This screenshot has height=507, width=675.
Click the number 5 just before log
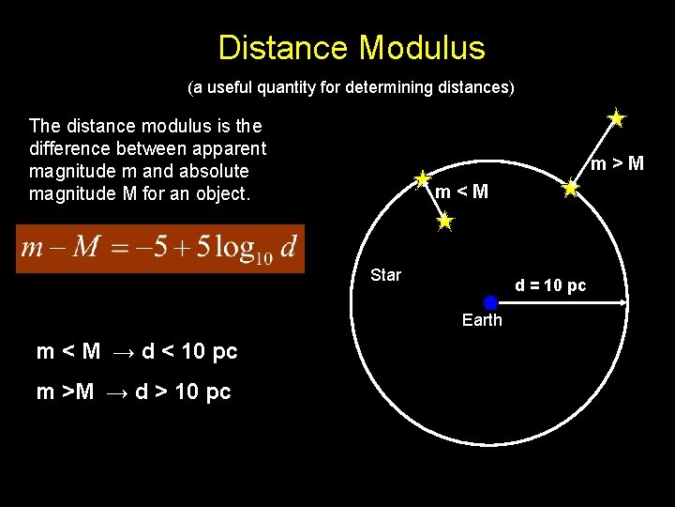pos(206,247)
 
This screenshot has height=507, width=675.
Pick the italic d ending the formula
pos(287,247)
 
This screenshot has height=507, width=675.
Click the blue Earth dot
pos(490,302)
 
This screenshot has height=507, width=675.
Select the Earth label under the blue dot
pos(482,320)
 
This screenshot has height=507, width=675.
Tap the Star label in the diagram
pos(385,275)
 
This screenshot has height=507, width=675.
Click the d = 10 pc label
pos(550,285)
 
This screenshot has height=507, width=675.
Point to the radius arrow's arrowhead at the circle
pos(622,302)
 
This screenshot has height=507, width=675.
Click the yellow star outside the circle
pos(616,118)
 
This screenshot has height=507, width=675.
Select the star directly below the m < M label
pos(444,223)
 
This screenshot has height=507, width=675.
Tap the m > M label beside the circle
pos(617,164)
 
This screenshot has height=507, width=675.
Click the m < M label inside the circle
pos(461,192)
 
